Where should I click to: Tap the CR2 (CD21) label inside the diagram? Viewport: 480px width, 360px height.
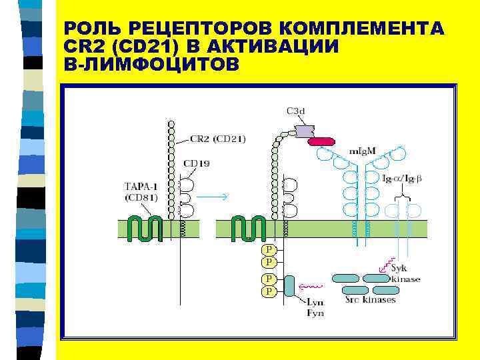click(217, 139)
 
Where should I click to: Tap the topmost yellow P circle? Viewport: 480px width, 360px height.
click(268, 249)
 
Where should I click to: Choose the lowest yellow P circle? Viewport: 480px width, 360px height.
click(268, 291)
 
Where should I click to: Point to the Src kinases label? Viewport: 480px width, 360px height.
click(370, 299)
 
